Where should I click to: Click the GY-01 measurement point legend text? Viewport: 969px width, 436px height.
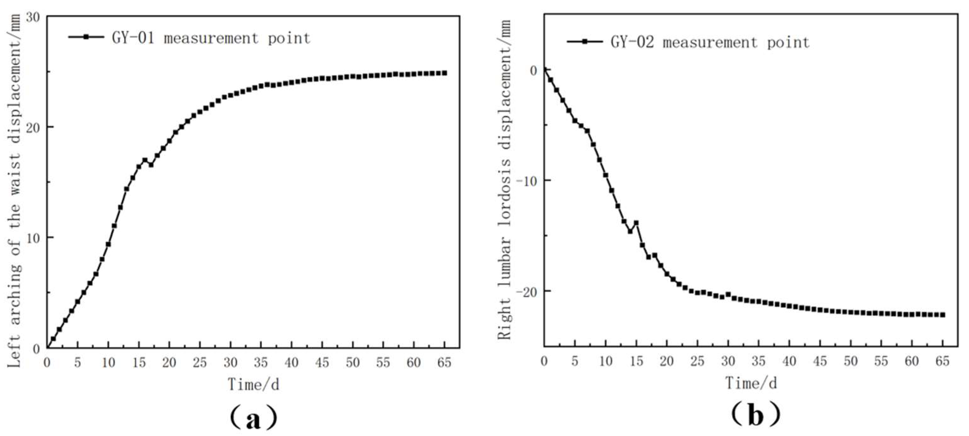pyautogui.click(x=211, y=38)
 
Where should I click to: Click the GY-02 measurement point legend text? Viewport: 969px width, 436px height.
pyautogui.click(x=710, y=42)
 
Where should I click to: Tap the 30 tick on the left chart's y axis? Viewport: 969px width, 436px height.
pyautogui.click(x=34, y=17)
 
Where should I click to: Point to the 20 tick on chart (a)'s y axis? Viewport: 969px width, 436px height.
pyautogui.click(x=34, y=127)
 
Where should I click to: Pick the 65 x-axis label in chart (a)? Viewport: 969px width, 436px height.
pyautogui.click(x=444, y=363)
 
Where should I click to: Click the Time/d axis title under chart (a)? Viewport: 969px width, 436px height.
pyautogui.click(x=253, y=384)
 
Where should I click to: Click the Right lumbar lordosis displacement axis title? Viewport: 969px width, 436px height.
pyautogui.click(x=505, y=181)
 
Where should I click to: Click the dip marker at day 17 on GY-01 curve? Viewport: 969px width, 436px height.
pyautogui.click(x=151, y=165)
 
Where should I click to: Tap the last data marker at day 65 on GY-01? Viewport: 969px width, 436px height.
pyautogui.click(x=444, y=73)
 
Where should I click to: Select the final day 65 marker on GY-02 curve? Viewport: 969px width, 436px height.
pyautogui.click(x=942, y=315)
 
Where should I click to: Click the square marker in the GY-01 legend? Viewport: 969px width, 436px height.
pyautogui.click(x=86, y=37)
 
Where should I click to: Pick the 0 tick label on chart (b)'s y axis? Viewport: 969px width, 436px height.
pyautogui.click(x=533, y=71)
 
